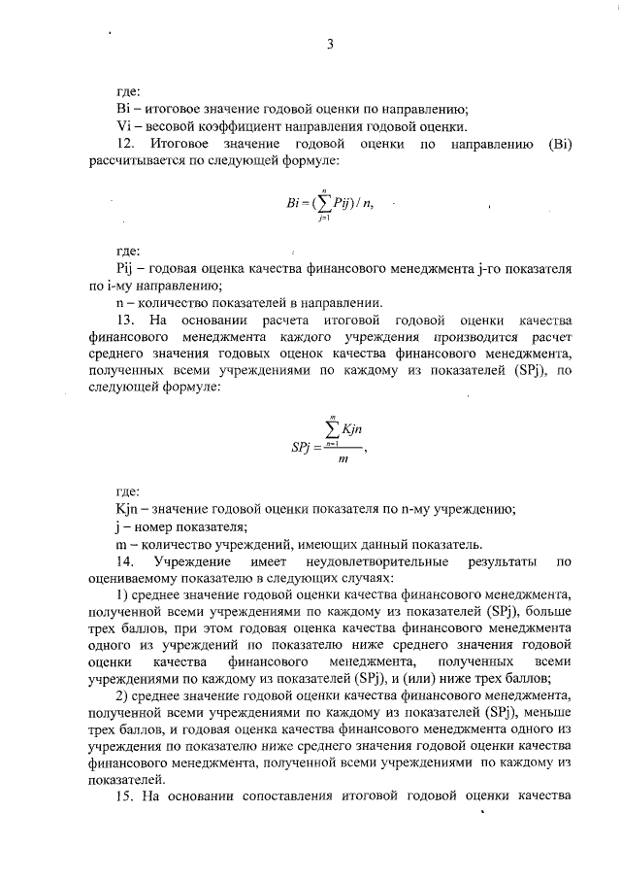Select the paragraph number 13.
[x=125, y=320]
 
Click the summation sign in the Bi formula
[x=327, y=206]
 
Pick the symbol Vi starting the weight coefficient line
[x=122, y=126]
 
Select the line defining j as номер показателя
[x=180, y=526]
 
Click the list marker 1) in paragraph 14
[x=121, y=595]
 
